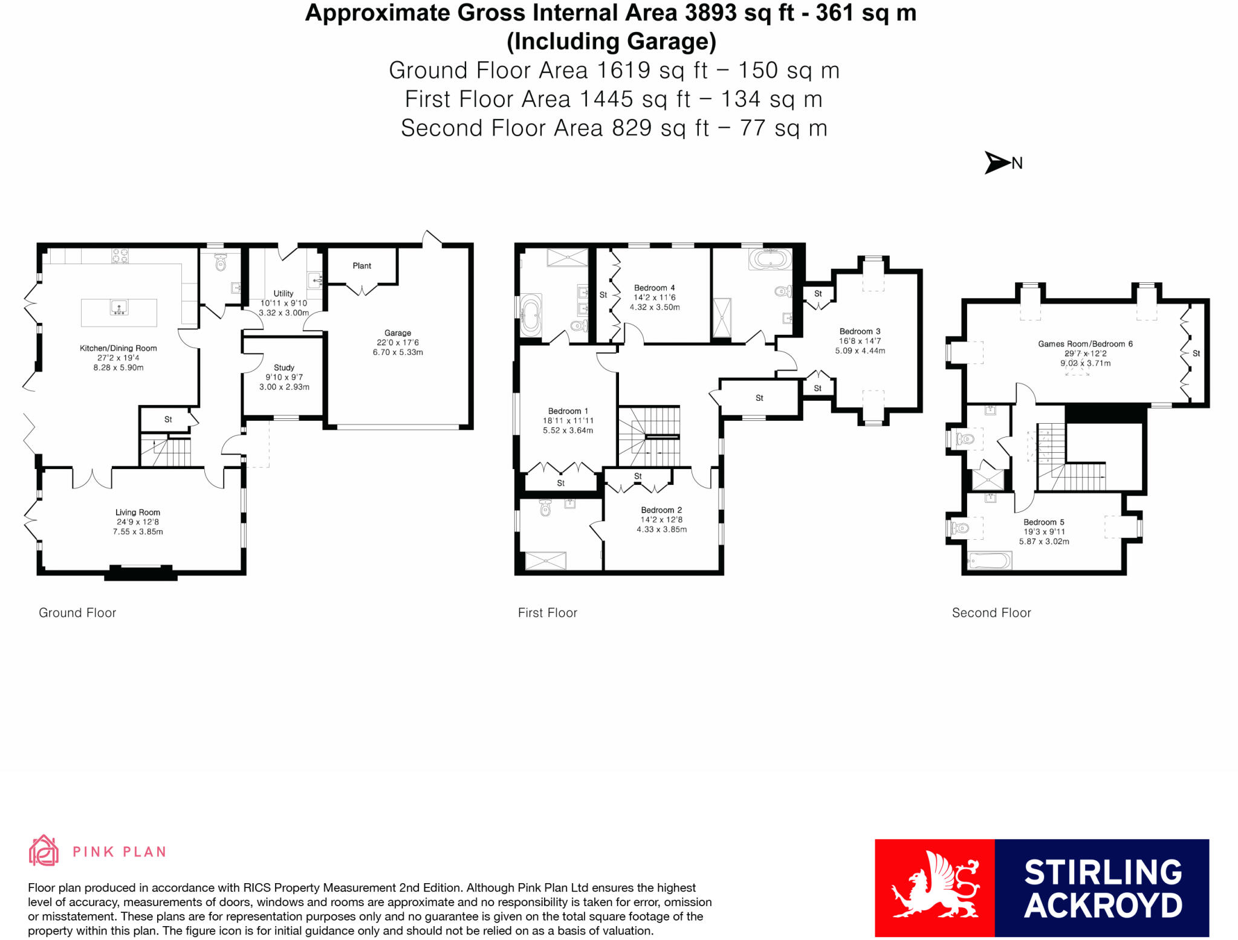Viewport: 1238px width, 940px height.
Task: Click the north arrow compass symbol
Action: pyautogui.click(x=997, y=163)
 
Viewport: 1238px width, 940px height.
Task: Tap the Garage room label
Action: pyautogui.click(x=397, y=333)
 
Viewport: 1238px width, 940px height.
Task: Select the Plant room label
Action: pyautogui.click(x=361, y=266)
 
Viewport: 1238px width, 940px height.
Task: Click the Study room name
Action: pyautogui.click(x=284, y=368)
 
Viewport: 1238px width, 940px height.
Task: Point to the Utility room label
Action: pyautogui.click(x=283, y=294)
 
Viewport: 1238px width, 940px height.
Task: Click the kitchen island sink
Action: pyautogui.click(x=119, y=308)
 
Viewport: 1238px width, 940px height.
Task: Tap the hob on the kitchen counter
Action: pyautogui.click(x=120, y=256)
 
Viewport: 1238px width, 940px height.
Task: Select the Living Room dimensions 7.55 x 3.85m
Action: pyautogui.click(x=138, y=532)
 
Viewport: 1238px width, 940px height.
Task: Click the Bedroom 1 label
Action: pyautogui.click(x=568, y=411)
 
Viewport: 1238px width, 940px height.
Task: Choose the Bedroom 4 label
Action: pyautogui.click(x=654, y=288)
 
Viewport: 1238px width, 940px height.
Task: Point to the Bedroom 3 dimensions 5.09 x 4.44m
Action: pyautogui.click(x=860, y=351)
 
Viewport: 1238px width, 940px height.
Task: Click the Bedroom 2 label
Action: pyautogui.click(x=661, y=510)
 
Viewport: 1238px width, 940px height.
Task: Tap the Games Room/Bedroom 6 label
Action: pyautogui.click(x=1085, y=344)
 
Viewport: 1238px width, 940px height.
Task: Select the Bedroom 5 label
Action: pyautogui.click(x=1043, y=522)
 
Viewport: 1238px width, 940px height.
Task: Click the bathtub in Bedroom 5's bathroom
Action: pyautogui.click(x=989, y=561)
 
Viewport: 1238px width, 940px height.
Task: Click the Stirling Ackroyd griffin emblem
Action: pyautogui.click(x=935, y=887)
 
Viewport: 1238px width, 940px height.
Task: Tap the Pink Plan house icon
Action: pyautogui.click(x=44, y=851)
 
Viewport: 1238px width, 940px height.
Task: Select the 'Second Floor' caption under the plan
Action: pyautogui.click(x=991, y=613)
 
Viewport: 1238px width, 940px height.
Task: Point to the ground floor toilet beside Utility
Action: pyautogui.click(x=220, y=262)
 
